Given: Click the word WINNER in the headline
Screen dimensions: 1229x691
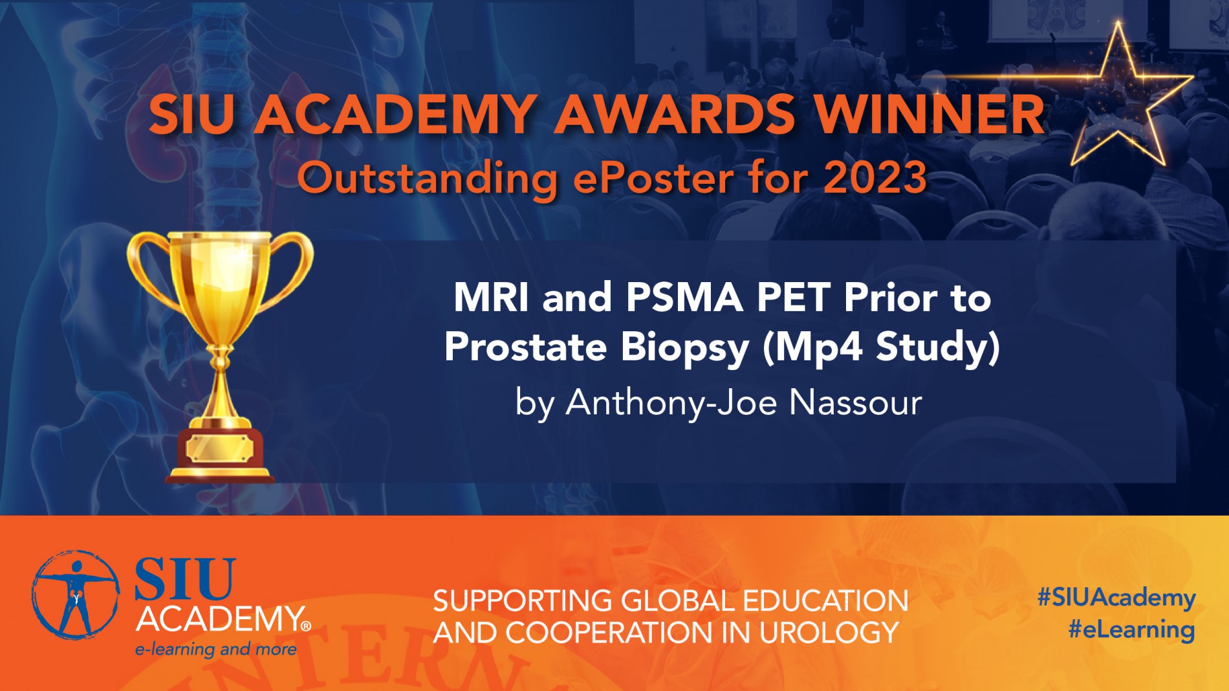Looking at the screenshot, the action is [929, 115].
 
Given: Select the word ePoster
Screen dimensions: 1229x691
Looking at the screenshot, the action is [653, 179].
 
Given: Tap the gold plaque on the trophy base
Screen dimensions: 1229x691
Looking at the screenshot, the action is [219, 448].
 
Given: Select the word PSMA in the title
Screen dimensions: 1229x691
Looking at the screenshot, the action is [684, 298].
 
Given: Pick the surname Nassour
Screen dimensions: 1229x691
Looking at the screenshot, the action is [856, 402].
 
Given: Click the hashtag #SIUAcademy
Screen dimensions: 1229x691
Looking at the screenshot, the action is [1116, 598].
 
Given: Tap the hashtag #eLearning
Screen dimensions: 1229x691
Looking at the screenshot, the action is [1131, 630].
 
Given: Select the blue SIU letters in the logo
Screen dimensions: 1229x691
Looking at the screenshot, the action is [185, 578].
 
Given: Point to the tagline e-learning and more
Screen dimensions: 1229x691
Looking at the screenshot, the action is [216, 649].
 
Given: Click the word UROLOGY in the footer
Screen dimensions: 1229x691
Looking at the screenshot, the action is [829, 633].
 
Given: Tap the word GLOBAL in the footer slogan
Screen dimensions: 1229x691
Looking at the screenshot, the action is [679, 601].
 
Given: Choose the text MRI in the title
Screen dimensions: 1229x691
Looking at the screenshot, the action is [492, 298].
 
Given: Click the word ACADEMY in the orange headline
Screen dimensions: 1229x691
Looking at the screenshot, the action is [395, 115].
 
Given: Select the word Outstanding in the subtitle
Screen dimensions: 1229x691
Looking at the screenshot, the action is [428, 179].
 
